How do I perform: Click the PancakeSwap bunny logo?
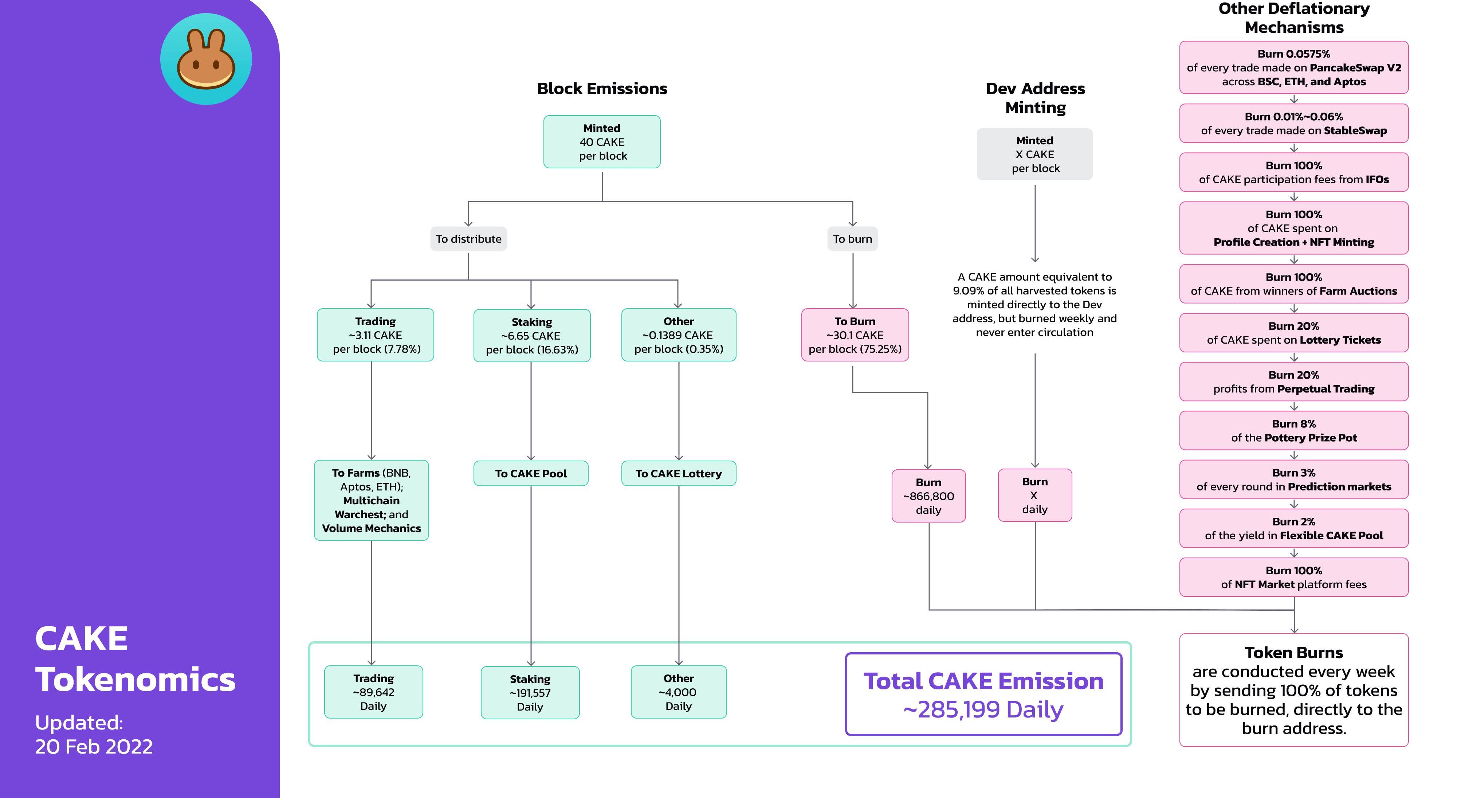point(206,59)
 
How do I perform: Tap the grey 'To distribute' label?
point(468,239)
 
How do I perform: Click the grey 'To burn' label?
point(852,239)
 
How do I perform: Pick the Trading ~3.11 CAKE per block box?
point(376,335)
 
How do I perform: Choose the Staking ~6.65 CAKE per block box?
point(532,336)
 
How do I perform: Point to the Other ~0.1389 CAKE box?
point(679,335)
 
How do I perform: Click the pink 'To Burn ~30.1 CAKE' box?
point(855,335)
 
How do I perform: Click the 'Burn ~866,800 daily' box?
point(928,496)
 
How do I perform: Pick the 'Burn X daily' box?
point(1034,495)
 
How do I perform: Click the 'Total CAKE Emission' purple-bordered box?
point(983,695)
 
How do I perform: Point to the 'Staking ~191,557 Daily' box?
point(530,693)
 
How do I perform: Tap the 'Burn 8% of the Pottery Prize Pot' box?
point(1293,431)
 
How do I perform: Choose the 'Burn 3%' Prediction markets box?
point(1293,480)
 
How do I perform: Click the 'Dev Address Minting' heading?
point(1035,98)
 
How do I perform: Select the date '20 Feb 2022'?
point(94,747)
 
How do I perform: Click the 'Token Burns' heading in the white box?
point(1293,653)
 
